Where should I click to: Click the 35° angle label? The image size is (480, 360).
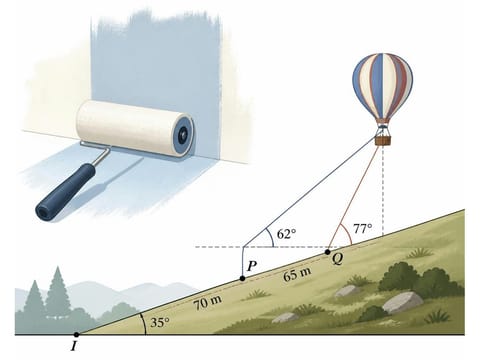[x=160, y=323]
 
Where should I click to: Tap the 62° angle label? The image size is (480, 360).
[x=286, y=234]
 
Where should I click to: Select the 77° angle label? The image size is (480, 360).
[x=363, y=229]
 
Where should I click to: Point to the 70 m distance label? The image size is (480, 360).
[x=208, y=303]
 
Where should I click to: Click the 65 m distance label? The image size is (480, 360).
[x=297, y=274]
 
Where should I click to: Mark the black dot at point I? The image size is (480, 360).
[x=76, y=334]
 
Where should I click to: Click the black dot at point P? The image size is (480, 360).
[x=242, y=278]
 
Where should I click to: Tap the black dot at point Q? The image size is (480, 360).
[x=328, y=252]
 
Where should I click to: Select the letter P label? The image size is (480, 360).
[x=252, y=266]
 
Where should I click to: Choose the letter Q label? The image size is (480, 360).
[x=338, y=259]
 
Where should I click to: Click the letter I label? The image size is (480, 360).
[x=74, y=347]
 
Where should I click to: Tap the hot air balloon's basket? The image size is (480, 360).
[x=383, y=140]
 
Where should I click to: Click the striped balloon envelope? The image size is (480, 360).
[x=383, y=87]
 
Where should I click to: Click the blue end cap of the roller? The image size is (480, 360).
[x=182, y=134]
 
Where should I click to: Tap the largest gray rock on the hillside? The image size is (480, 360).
[x=403, y=302]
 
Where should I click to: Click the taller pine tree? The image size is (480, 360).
[x=57, y=293]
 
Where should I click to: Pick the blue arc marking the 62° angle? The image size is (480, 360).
[x=271, y=237]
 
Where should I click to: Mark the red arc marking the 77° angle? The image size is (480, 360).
[x=347, y=234]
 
